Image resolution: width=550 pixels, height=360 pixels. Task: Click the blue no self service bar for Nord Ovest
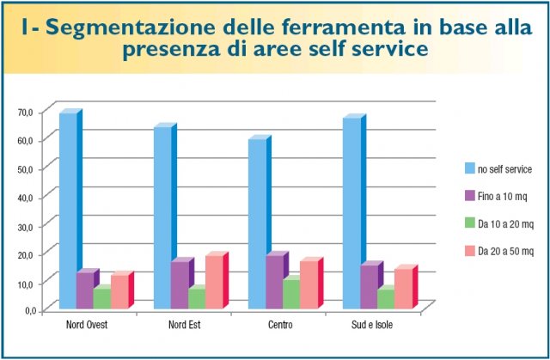point(67,211)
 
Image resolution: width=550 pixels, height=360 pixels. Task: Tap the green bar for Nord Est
point(196,298)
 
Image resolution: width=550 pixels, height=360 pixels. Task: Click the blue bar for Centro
point(256,223)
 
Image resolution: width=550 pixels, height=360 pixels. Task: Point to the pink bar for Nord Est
point(213,282)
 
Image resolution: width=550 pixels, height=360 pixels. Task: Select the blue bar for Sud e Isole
point(351,213)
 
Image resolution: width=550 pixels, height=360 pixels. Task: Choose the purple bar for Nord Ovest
point(84,290)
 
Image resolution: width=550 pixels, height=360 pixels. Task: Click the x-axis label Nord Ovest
point(87,326)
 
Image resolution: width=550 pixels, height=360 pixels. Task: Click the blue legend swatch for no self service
point(470,168)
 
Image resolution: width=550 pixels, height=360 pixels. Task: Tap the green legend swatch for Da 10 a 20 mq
point(470,223)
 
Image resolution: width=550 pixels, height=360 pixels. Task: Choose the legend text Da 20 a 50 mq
point(507,251)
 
